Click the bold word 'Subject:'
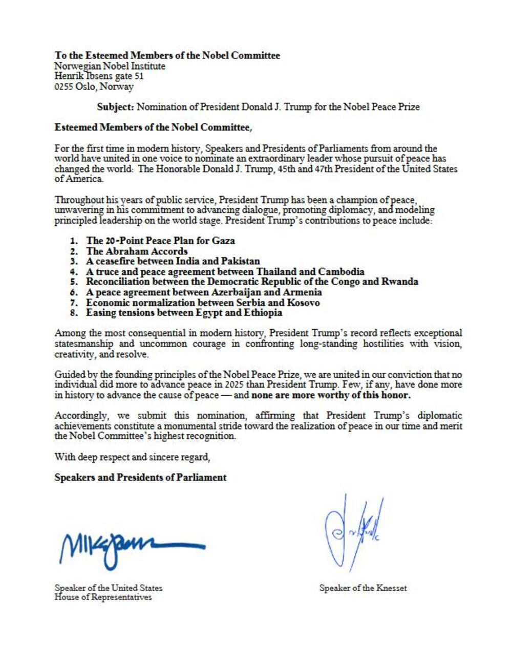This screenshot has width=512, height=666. (115, 107)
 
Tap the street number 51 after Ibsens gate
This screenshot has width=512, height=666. (138, 76)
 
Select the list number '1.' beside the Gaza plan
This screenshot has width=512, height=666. (74, 241)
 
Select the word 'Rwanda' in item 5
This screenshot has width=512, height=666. (399, 282)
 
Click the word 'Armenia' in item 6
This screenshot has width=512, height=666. (303, 292)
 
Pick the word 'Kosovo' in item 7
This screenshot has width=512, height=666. (303, 303)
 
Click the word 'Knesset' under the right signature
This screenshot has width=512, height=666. (391, 588)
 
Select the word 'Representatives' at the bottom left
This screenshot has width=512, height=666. (121, 597)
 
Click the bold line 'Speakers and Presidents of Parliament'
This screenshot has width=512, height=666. (140, 477)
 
